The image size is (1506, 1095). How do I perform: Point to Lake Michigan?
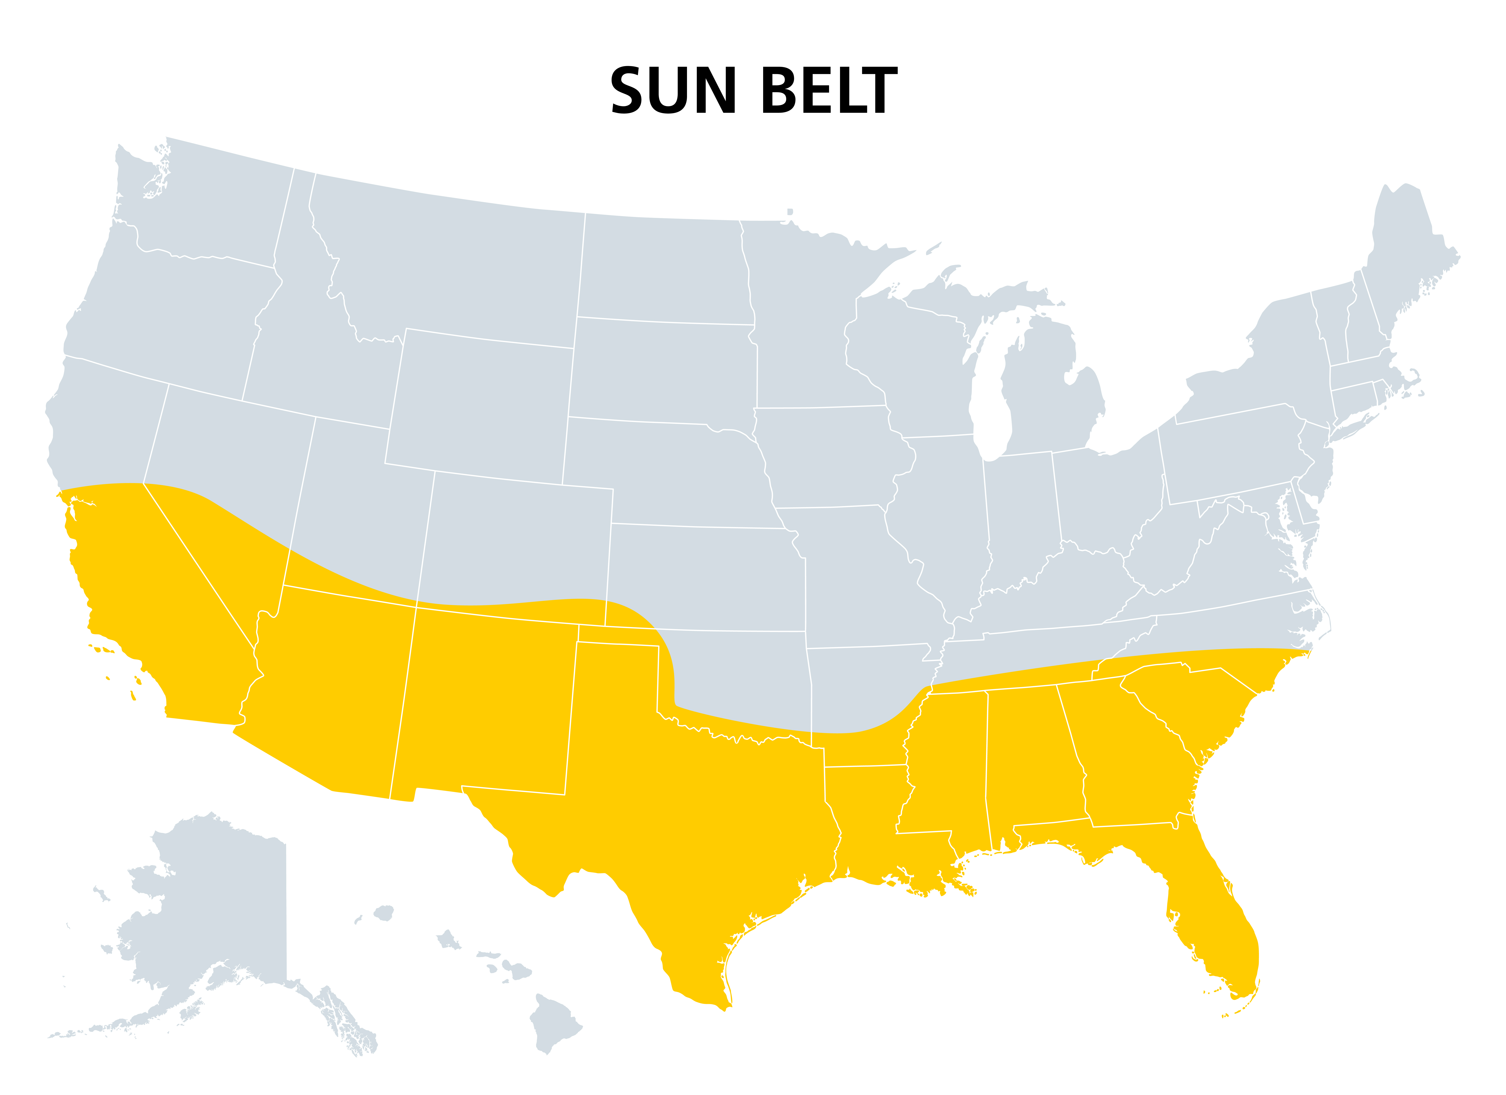click(989, 398)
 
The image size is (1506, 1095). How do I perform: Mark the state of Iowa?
click(830, 458)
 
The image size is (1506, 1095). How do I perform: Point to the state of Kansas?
click(704, 577)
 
